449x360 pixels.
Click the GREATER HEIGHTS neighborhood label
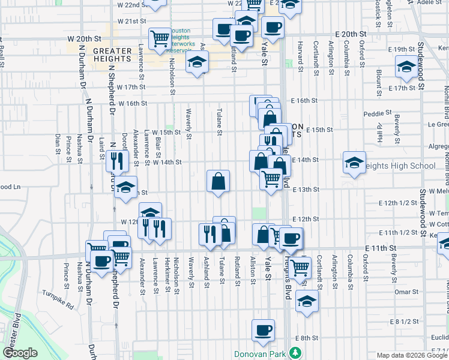click(x=112, y=55)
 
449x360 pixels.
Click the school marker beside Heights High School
click(x=354, y=163)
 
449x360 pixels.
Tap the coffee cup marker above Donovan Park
click(x=263, y=331)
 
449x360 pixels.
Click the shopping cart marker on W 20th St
click(x=160, y=39)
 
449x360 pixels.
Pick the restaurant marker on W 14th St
click(x=116, y=161)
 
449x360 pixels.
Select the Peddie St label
click(x=378, y=112)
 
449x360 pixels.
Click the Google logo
click(x=20, y=353)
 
